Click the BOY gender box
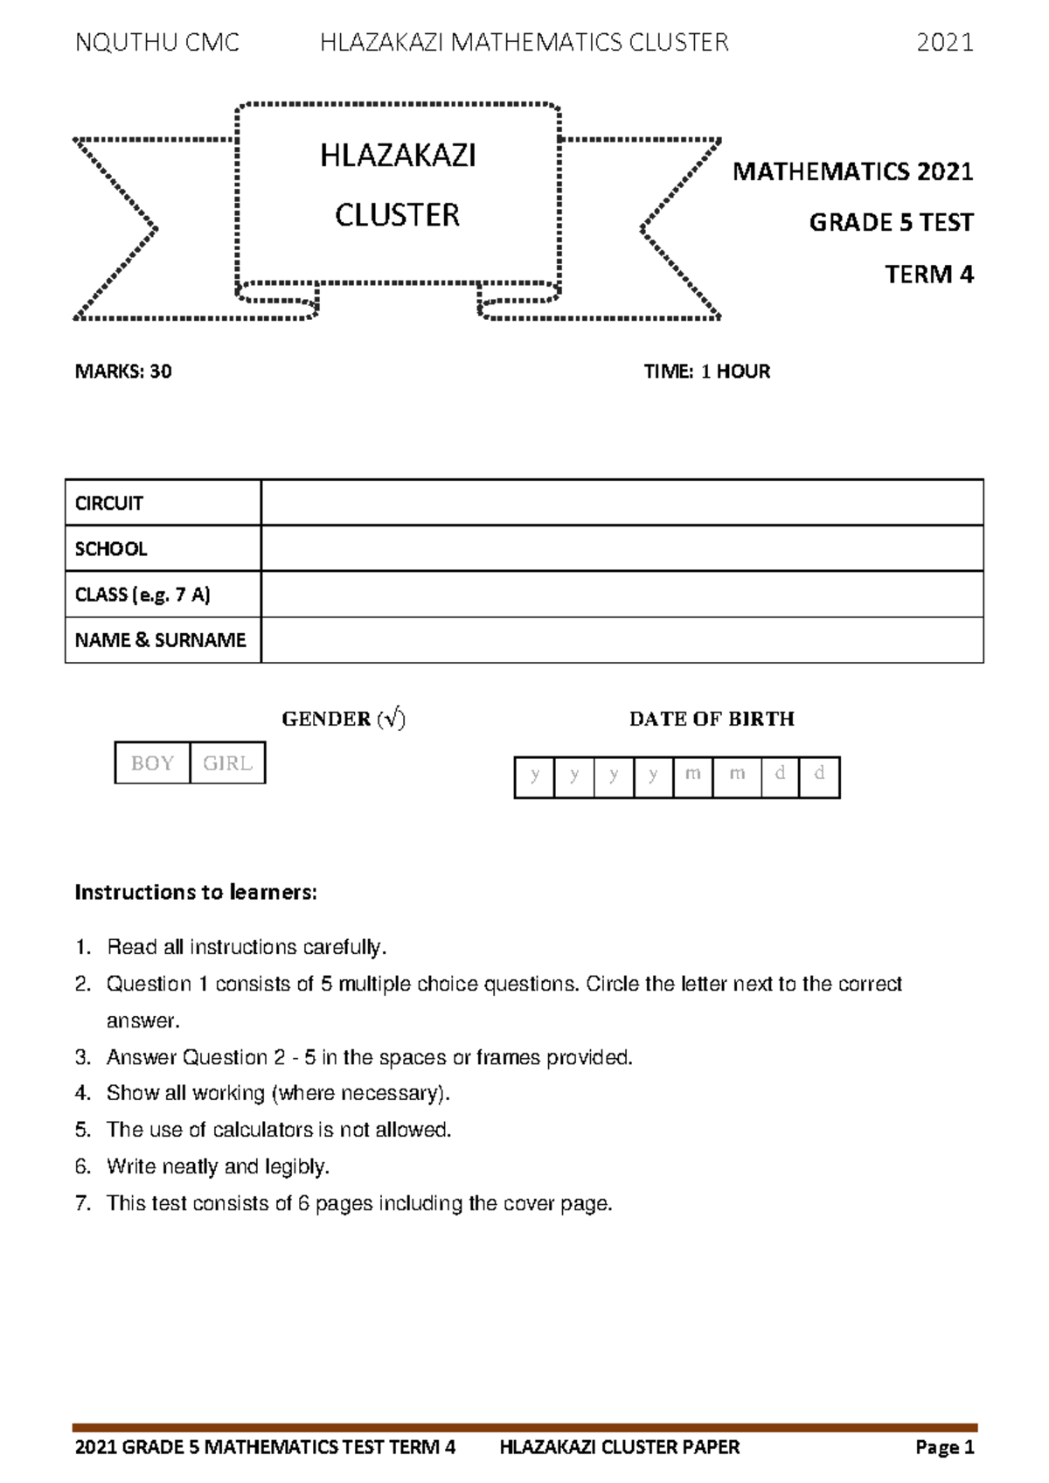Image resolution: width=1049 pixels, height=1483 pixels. point(152,763)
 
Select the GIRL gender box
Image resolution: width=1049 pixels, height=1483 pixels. point(227,763)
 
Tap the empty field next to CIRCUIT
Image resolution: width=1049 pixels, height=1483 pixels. point(622,503)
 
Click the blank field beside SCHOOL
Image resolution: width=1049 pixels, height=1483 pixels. point(622,548)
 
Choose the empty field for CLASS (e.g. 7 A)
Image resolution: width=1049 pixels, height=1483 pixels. point(622,595)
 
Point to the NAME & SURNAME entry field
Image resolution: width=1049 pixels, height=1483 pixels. point(622,640)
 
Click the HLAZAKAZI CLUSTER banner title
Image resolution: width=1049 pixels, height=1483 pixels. point(398,185)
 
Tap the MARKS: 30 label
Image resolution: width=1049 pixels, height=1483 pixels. point(123,372)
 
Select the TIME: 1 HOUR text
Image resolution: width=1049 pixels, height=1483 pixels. point(706,372)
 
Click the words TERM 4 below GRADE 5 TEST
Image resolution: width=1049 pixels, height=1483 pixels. point(928,275)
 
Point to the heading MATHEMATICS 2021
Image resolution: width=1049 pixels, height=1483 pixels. point(852,171)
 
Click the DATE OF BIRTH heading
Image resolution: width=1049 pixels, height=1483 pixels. point(712,719)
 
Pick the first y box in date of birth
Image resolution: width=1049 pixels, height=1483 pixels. point(534,777)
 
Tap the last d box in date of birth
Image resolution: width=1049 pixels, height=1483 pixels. point(819,777)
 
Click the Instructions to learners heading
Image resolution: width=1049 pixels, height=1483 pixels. point(196,893)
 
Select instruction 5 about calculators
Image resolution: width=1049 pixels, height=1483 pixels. point(278,1130)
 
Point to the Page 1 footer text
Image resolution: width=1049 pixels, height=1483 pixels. point(944,1447)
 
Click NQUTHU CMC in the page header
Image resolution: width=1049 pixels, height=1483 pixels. point(157,42)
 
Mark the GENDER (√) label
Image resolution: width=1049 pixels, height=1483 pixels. point(344,719)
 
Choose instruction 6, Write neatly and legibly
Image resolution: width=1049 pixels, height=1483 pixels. point(217,1166)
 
